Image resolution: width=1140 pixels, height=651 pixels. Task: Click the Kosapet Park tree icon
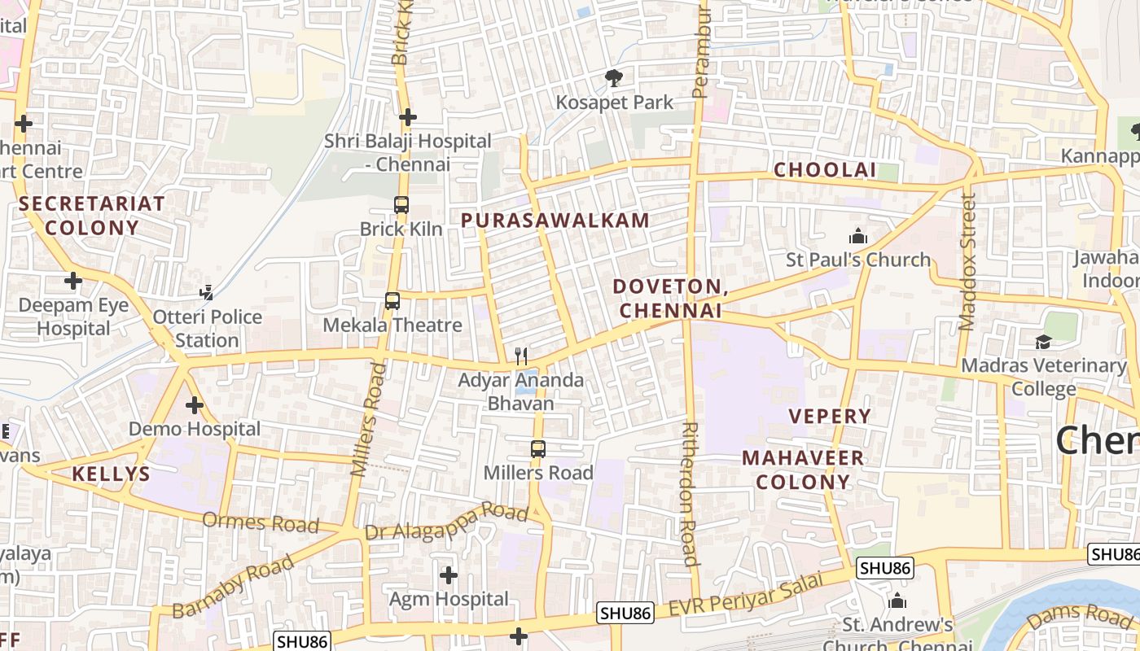point(614,78)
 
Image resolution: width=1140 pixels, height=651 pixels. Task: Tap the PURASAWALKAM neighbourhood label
point(555,220)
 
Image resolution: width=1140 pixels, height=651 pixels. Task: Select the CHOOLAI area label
point(824,170)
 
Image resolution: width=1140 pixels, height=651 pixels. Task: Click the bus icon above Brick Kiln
point(401,205)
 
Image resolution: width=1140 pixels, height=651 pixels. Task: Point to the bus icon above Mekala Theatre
point(392,301)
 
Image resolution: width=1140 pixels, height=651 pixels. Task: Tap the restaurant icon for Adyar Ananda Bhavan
point(521,356)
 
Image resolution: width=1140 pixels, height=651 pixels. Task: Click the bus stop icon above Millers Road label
point(537,448)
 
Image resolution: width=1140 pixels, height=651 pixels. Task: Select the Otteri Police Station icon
point(208,292)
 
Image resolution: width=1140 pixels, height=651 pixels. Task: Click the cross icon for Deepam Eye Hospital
point(73,282)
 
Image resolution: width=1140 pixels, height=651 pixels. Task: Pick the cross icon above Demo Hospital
point(194,404)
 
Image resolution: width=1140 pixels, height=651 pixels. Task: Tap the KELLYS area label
point(111,474)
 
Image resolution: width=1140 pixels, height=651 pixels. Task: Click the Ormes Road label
point(261,522)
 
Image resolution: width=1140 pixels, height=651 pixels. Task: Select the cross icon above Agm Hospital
point(448,575)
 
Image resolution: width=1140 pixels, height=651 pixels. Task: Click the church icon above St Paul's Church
point(857,237)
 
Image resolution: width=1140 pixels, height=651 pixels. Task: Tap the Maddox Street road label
point(967,262)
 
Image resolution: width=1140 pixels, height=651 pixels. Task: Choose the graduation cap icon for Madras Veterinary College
point(1043,342)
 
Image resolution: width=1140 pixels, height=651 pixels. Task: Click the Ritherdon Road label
point(689,493)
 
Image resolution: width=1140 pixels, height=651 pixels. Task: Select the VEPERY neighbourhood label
point(830,416)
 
